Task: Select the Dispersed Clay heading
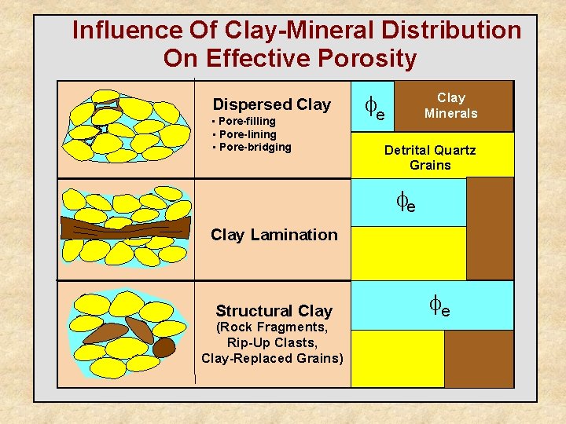click(272, 104)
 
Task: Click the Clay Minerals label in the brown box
click(450, 105)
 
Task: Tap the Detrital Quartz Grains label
click(430, 157)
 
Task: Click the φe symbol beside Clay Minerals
click(375, 107)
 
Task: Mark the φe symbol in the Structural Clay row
click(439, 305)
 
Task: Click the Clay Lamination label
click(274, 234)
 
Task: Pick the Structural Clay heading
click(274, 311)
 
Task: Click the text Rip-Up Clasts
click(272, 342)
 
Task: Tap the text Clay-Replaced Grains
click(272, 358)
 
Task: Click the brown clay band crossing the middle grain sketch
click(126, 227)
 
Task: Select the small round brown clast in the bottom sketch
click(164, 346)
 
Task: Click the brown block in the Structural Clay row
click(478, 358)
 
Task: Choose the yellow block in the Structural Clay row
click(397, 358)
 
